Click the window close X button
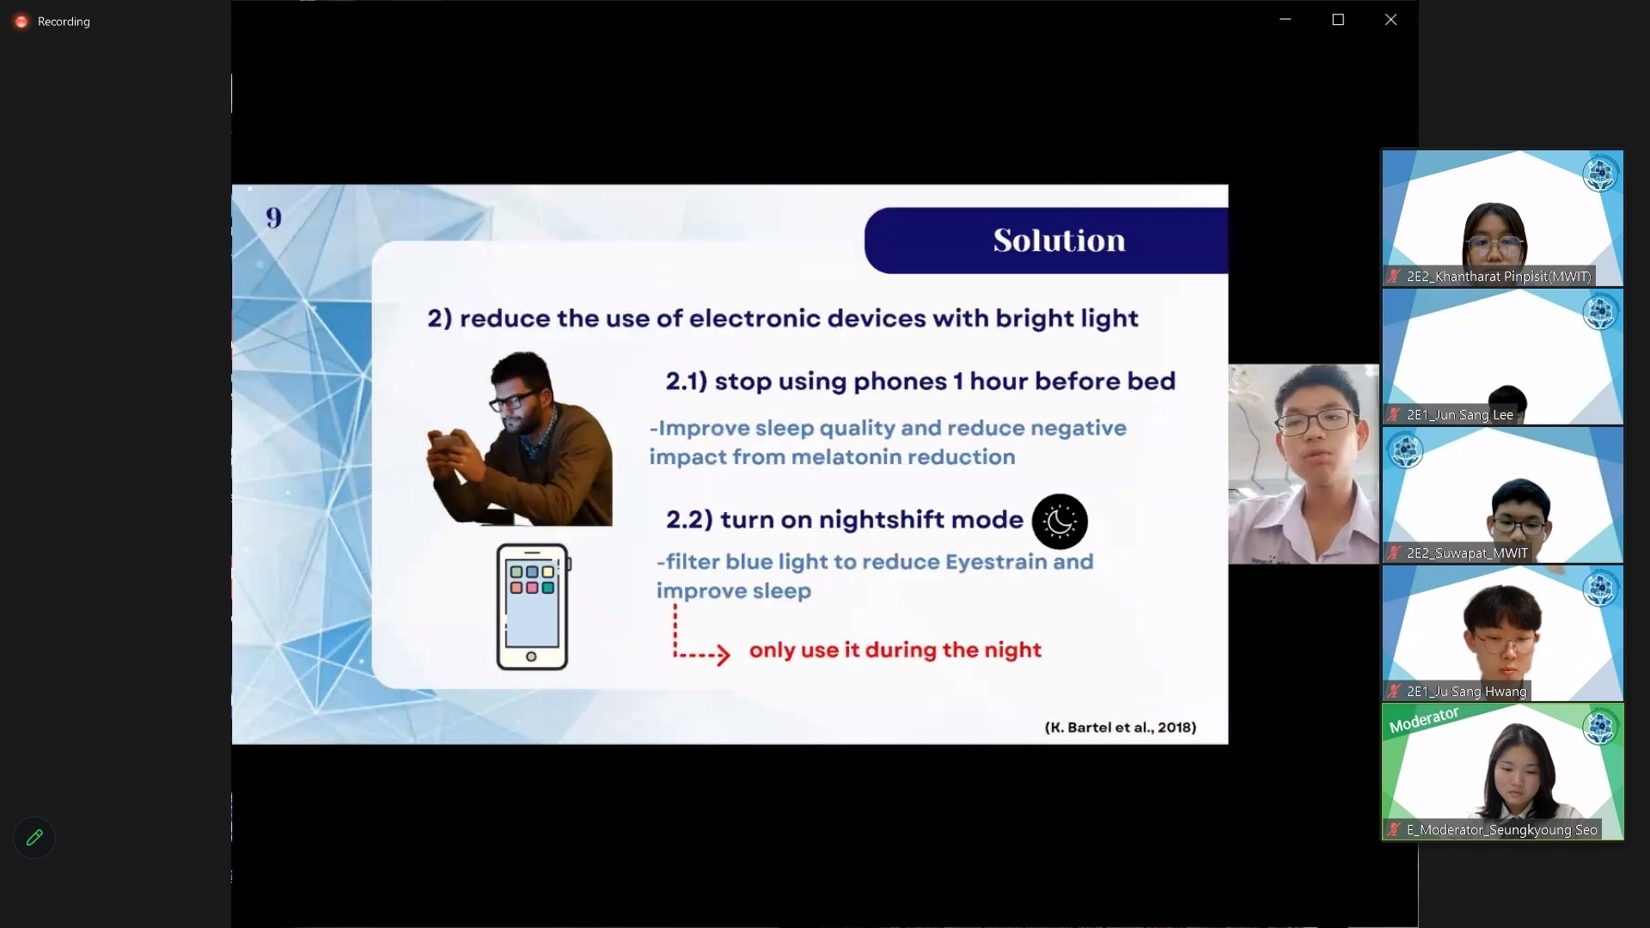(x=1390, y=20)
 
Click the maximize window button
(x=1338, y=20)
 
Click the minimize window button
(x=1286, y=19)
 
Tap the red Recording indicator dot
(x=21, y=21)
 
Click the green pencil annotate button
(x=34, y=838)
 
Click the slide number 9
(x=273, y=218)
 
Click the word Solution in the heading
(x=1059, y=241)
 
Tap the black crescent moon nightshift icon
(x=1060, y=522)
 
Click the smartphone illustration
(x=533, y=607)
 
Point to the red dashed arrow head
(x=722, y=655)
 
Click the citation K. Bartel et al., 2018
(x=1121, y=728)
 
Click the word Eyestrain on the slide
(x=996, y=562)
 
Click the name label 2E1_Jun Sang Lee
(x=1459, y=415)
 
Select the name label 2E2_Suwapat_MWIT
(x=1467, y=553)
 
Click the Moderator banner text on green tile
(x=1424, y=720)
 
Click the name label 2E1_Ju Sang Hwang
(x=1466, y=692)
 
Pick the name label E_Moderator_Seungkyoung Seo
(x=1501, y=830)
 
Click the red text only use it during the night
(x=895, y=650)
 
